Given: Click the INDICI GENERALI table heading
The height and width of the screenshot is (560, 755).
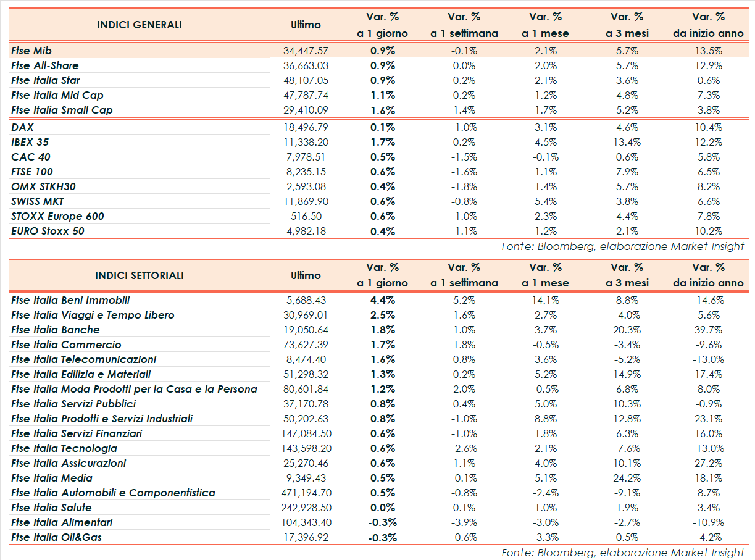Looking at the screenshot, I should click(x=140, y=25).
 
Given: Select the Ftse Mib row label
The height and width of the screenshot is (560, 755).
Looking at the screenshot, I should click(x=35, y=51).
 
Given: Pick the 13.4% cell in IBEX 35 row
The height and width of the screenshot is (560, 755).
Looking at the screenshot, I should click(x=627, y=142).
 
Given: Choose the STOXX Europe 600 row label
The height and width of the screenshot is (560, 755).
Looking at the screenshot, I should click(x=57, y=216).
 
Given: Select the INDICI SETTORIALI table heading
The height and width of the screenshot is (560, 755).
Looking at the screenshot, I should click(x=140, y=276).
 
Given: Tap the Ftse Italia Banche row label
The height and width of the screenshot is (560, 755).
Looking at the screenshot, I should click(x=55, y=330).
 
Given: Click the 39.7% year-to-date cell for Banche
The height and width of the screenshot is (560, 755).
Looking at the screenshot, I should click(x=708, y=330).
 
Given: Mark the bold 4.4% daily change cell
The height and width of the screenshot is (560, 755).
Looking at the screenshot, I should click(x=383, y=300).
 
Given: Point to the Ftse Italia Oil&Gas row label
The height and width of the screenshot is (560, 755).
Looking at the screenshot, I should click(x=56, y=537).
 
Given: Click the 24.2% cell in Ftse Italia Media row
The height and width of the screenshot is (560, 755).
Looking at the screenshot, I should click(x=627, y=478).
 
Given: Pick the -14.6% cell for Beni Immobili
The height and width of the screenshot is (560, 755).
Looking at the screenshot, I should click(x=708, y=300).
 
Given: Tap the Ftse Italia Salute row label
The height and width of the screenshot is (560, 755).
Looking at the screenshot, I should click(x=51, y=508).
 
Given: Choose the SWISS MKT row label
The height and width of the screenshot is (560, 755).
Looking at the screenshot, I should click(x=38, y=201).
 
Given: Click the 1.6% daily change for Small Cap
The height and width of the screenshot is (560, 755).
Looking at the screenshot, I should click(x=383, y=110).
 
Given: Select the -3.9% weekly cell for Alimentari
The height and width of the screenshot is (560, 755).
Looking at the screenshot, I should click(x=464, y=522).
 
